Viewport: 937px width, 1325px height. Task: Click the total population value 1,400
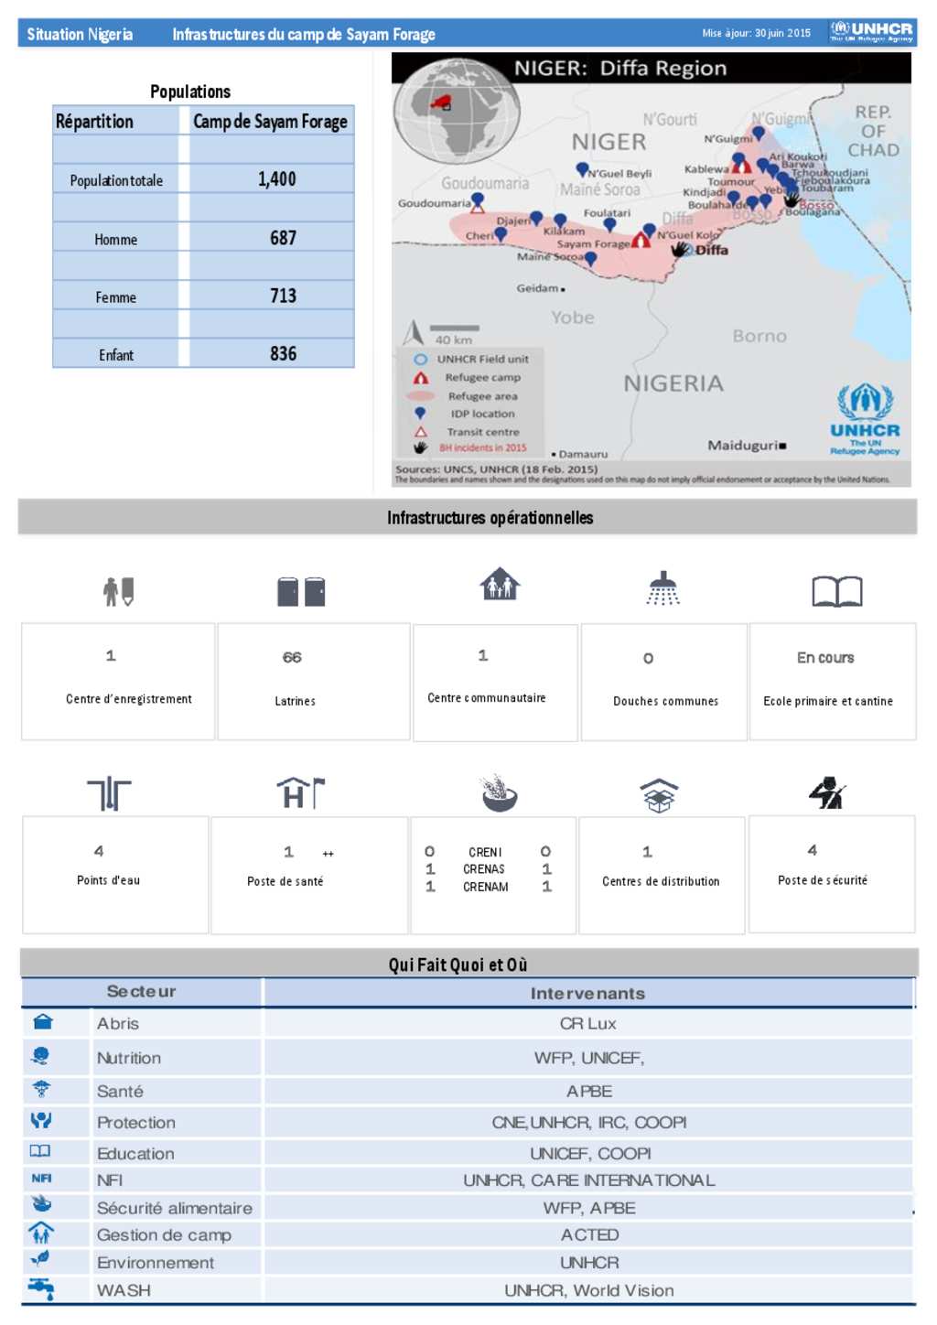[276, 179]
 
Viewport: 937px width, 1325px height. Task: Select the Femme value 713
[283, 296]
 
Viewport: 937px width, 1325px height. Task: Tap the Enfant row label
[116, 355]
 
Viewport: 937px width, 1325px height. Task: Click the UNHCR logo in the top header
[871, 32]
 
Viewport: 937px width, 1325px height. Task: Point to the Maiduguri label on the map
[742, 446]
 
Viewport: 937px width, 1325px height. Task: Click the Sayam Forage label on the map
[593, 244]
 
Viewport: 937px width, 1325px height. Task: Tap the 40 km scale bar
[454, 329]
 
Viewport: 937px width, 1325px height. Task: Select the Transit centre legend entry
[482, 432]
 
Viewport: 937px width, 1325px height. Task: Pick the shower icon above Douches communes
[663, 589]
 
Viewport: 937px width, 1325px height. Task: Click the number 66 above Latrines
[292, 657]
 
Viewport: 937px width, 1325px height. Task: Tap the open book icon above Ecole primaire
[836, 591]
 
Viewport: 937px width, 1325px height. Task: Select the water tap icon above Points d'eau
[110, 793]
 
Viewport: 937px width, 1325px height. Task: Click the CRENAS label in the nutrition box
[484, 869]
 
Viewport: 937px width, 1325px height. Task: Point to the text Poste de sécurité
[823, 880]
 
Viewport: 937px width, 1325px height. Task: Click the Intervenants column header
[587, 993]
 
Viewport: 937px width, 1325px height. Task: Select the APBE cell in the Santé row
[589, 1091]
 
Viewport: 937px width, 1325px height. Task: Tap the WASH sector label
[124, 1290]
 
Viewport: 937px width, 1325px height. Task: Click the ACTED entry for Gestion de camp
[589, 1234]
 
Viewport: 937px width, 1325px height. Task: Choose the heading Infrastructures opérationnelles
[490, 518]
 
